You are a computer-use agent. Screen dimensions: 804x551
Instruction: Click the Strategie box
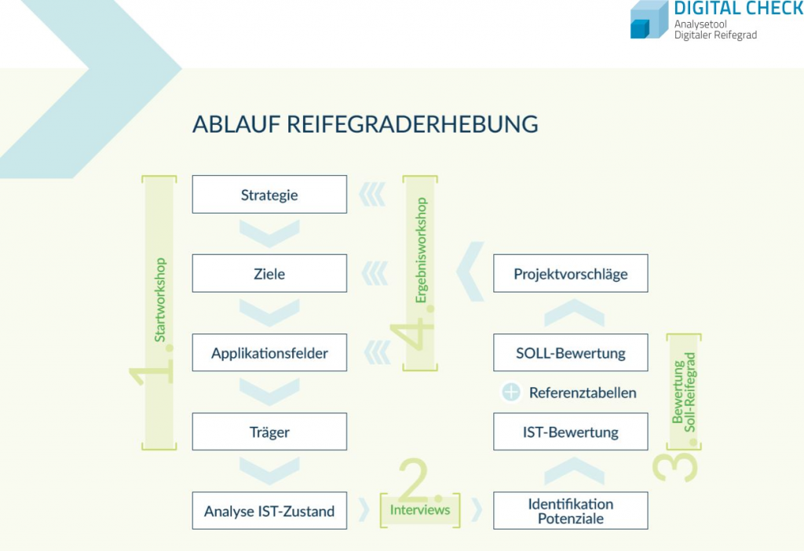(x=269, y=194)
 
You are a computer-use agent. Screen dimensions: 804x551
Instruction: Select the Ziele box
(x=269, y=273)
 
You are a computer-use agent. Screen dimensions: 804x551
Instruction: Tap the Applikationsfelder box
(x=269, y=352)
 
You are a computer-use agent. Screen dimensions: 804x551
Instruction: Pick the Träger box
(x=269, y=432)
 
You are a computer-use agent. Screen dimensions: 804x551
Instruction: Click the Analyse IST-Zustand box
(x=269, y=510)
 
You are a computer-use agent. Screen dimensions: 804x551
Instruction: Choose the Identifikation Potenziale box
(x=571, y=510)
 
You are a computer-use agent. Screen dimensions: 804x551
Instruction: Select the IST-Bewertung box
(x=571, y=432)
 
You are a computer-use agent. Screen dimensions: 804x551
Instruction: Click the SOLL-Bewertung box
(x=571, y=352)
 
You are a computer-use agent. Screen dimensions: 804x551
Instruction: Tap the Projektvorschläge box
(x=571, y=273)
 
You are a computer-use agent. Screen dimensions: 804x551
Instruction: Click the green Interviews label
(x=420, y=510)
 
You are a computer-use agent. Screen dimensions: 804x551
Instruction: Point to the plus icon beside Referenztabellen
(x=510, y=392)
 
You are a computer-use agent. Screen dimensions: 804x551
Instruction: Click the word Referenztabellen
(x=583, y=392)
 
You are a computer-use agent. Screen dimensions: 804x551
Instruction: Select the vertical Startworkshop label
(x=160, y=300)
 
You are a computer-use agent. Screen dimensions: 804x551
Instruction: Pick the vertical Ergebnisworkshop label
(x=421, y=250)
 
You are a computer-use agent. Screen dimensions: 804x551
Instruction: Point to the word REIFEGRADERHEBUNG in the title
(x=412, y=124)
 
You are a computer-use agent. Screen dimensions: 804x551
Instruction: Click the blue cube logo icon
(x=649, y=20)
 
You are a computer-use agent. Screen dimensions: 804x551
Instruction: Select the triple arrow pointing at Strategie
(x=372, y=194)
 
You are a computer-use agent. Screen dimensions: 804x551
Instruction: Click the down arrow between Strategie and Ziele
(x=269, y=234)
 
